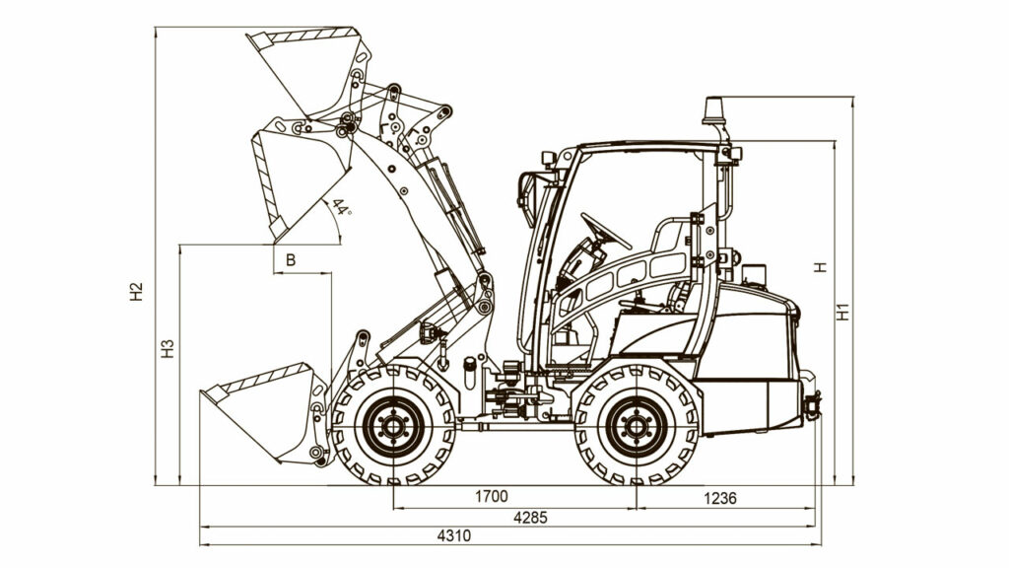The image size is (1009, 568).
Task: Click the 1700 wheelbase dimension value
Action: [x=492, y=497]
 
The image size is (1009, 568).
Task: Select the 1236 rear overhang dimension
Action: [x=720, y=498]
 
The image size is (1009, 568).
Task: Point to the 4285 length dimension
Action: [x=531, y=517]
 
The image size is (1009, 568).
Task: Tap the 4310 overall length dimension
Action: [x=454, y=535]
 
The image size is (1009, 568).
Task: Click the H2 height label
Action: [x=136, y=292]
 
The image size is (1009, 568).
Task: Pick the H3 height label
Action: [x=168, y=348]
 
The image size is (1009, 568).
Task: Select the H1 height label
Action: [x=843, y=312]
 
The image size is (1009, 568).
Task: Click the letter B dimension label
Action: [x=291, y=260]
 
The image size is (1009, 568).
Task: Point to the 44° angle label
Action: [x=342, y=207]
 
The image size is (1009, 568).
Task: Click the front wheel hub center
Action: [x=392, y=426]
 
